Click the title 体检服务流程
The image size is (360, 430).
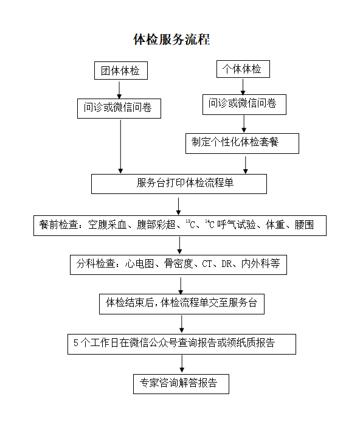coord(171,39)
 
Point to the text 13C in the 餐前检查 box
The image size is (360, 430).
coord(190,224)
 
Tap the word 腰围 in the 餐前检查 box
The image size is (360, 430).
coord(304,224)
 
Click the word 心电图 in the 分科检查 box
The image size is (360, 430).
coord(139,264)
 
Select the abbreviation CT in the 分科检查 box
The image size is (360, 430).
coord(207,264)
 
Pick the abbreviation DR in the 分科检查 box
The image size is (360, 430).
coord(227,264)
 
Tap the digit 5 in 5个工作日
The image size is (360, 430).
coord(76,343)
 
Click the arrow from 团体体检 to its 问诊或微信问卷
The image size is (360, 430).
coord(119,89)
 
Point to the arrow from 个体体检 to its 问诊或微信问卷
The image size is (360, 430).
coord(243,87)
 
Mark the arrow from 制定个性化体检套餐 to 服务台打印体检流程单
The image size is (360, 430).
coord(246,165)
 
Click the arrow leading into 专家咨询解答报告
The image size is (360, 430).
coord(182,364)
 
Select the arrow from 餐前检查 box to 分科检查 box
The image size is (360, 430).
coord(179,246)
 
